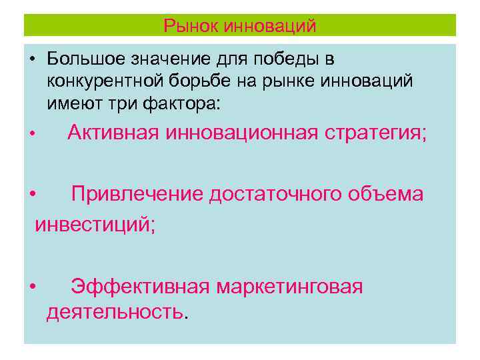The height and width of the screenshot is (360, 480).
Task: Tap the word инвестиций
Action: (x=95, y=224)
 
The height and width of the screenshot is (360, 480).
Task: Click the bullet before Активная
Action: (x=31, y=135)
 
